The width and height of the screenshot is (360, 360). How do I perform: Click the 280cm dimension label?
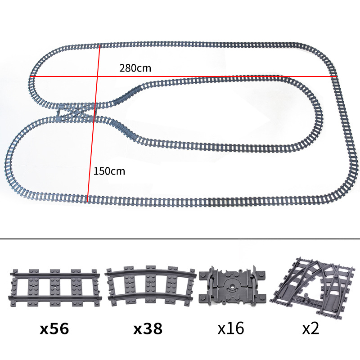(135, 69)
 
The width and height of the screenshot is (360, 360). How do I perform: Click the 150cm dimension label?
(109, 171)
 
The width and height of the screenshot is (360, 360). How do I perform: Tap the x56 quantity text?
(54, 329)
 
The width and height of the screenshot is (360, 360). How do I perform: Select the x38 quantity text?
(148, 329)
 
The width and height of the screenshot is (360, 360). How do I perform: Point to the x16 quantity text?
(230, 329)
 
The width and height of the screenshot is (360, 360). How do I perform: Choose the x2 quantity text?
(310, 329)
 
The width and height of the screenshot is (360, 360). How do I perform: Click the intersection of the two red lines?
(98, 77)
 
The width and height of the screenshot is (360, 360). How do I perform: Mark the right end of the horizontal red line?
(337, 77)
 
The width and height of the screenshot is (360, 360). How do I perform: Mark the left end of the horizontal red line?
(31, 77)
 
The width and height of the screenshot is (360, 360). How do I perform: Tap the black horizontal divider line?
(180, 238)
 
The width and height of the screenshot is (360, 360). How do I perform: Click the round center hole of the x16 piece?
(231, 287)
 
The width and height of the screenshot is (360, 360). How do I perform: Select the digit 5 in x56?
(55, 329)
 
